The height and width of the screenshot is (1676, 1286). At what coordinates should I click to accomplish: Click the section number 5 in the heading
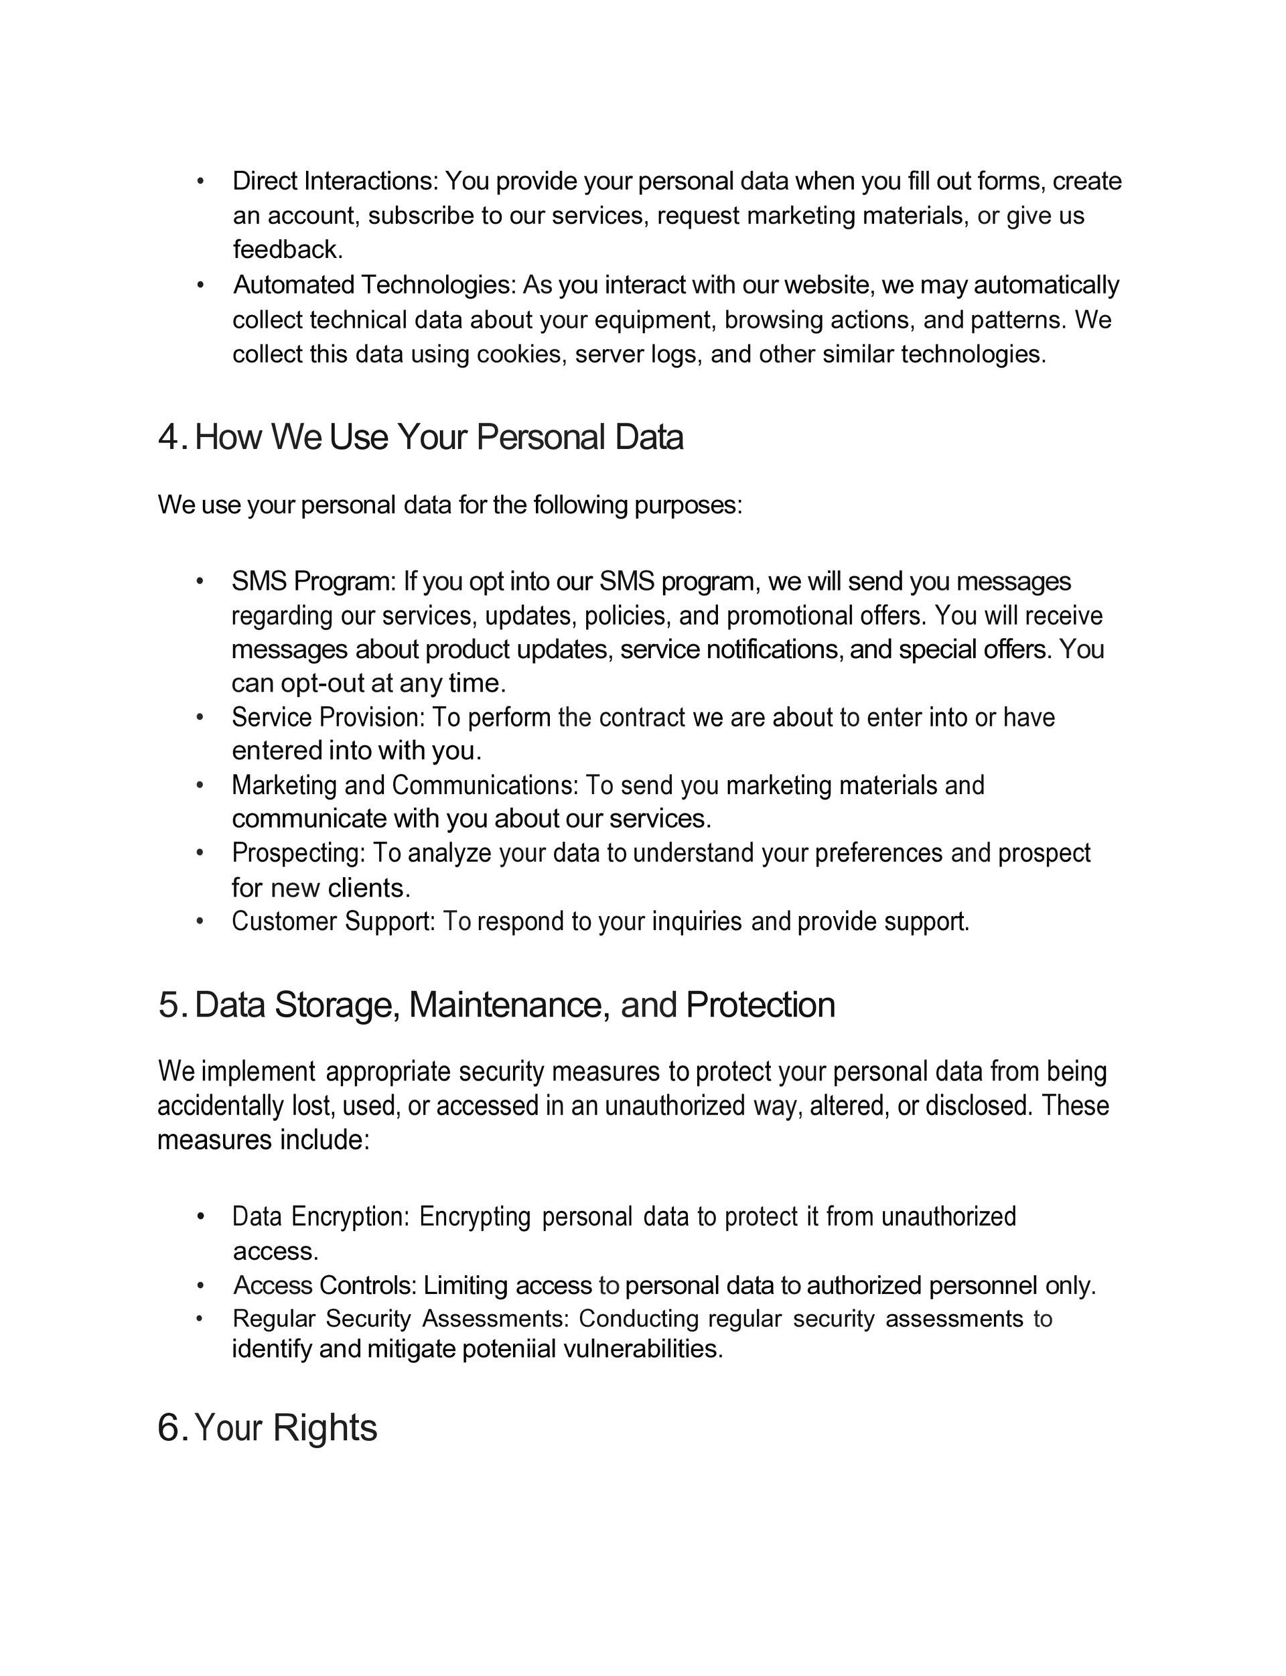(168, 1005)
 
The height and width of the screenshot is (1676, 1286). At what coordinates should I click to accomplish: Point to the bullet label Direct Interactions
(334, 182)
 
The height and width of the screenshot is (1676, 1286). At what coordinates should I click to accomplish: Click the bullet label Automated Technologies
(374, 285)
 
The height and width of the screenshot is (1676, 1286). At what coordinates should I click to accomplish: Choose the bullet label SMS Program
(313, 582)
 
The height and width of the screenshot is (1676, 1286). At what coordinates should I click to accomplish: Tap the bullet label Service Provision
(328, 718)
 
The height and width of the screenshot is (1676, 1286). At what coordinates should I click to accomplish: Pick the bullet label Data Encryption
(321, 1216)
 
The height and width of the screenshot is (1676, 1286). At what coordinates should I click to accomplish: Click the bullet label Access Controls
(325, 1285)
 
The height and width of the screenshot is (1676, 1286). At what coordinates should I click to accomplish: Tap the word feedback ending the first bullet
(287, 249)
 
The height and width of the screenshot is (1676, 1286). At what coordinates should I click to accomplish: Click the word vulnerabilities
(643, 1349)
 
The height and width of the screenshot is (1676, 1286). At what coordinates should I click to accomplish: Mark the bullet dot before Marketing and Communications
(200, 785)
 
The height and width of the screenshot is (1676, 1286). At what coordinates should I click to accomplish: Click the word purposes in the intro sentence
(687, 505)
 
